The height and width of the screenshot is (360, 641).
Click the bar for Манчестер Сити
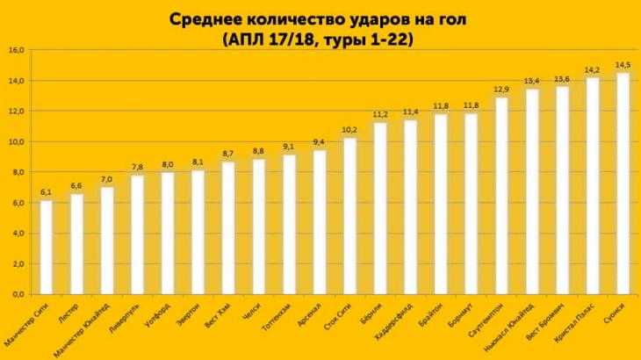(x=47, y=248)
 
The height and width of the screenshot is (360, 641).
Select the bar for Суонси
(x=623, y=184)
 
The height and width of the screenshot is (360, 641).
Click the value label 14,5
(x=623, y=65)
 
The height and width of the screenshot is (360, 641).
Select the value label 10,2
(x=350, y=130)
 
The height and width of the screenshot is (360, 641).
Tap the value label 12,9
(x=501, y=89)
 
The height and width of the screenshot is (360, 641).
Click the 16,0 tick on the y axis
(x=16, y=50)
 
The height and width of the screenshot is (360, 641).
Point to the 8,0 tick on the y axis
(x=16, y=172)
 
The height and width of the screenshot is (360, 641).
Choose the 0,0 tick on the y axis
(x=16, y=295)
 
